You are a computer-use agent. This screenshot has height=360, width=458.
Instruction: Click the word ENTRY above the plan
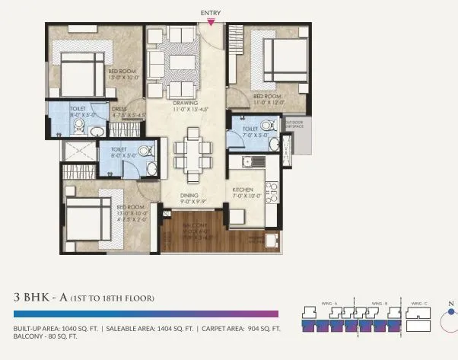(211, 12)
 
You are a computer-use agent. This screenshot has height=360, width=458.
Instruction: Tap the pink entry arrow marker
(211, 22)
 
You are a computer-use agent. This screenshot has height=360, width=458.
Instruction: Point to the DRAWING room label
(185, 103)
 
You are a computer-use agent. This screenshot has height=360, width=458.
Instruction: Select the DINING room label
(189, 196)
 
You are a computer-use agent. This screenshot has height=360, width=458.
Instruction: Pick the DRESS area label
(119, 109)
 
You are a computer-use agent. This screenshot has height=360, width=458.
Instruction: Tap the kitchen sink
(250, 161)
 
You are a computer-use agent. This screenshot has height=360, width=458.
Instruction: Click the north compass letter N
(451, 310)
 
